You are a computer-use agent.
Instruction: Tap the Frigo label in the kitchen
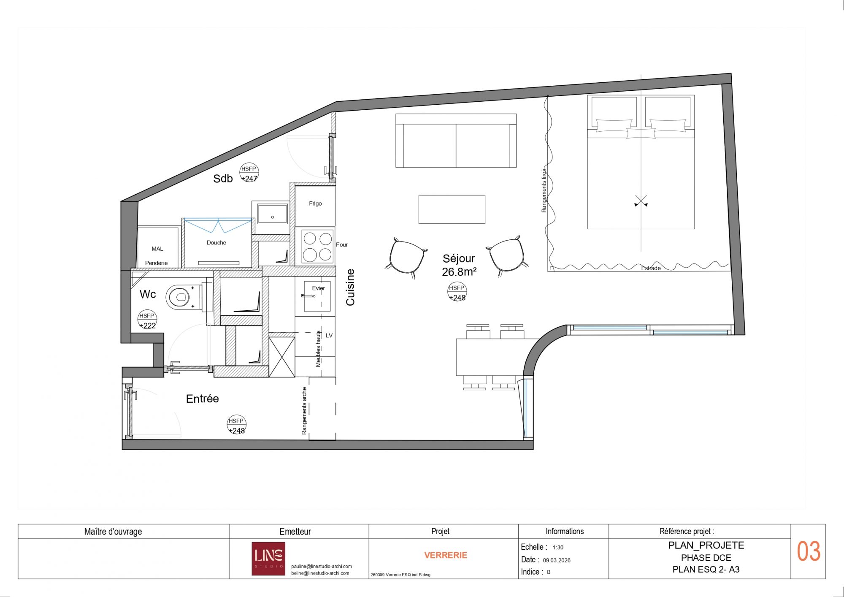coord(315,204)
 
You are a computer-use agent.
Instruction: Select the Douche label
coord(216,243)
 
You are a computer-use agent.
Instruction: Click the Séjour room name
coord(459,258)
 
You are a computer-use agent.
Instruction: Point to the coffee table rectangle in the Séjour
coord(452,209)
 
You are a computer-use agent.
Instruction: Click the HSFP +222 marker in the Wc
coord(147,320)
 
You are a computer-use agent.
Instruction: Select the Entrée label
coord(203,399)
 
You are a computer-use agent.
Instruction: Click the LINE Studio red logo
coord(268,559)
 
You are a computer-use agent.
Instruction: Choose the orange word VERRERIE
coord(446,555)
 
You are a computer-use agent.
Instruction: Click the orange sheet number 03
coord(809,551)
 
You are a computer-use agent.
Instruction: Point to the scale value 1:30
coord(558,548)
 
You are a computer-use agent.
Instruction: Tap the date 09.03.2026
coord(557,560)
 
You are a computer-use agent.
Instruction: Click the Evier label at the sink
coord(319,288)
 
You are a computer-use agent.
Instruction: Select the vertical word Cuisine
coord(350,287)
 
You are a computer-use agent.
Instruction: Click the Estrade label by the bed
coord(651,268)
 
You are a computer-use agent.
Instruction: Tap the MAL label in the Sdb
coord(157,249)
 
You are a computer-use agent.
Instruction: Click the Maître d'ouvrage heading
coord(113,532)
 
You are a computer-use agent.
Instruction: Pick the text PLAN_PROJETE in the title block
coord(706,545)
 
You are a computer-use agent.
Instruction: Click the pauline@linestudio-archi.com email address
coord(322,567)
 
